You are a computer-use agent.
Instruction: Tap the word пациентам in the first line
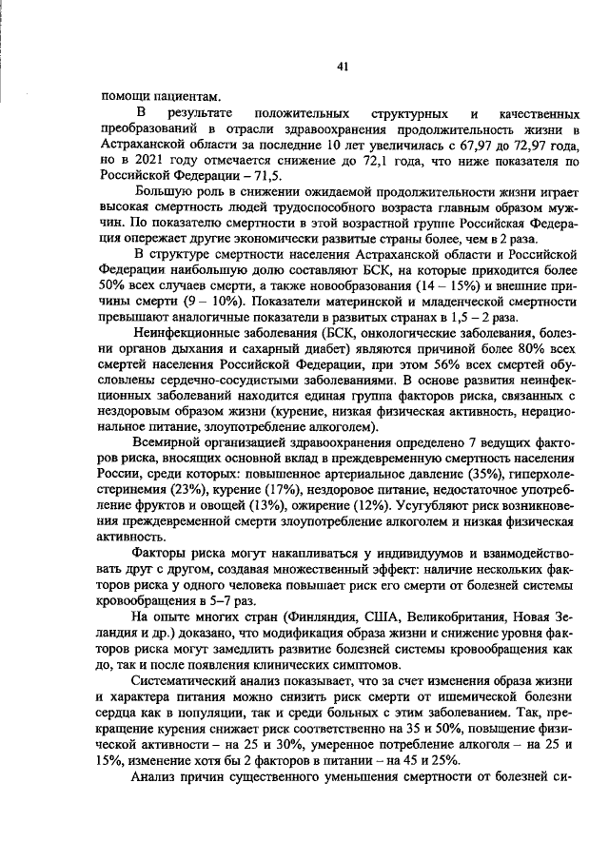pyautogui.click(x=190, y=95)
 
